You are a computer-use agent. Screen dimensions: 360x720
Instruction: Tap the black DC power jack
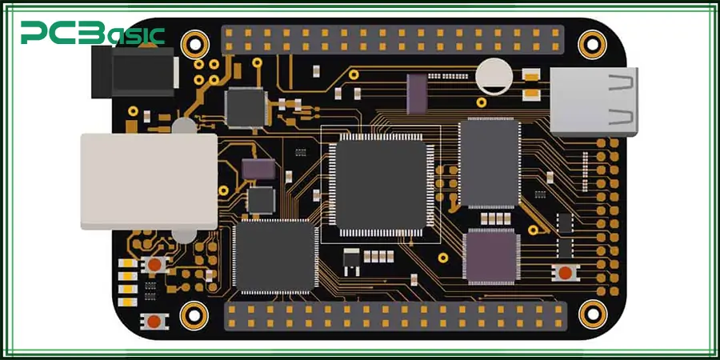134,71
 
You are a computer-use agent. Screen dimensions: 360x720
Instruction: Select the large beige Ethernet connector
149,181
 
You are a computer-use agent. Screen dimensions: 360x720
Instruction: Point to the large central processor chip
381,183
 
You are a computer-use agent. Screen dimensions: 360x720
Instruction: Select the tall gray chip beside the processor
489,165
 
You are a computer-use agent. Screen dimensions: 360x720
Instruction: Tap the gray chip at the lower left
273,256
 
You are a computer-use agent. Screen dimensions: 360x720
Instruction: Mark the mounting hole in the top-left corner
194,42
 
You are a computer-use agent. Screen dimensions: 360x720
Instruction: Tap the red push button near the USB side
566,273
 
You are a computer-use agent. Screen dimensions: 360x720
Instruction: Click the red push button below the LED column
153,322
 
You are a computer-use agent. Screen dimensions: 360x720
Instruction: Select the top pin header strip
392,39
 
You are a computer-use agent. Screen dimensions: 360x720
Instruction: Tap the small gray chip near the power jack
245,106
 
